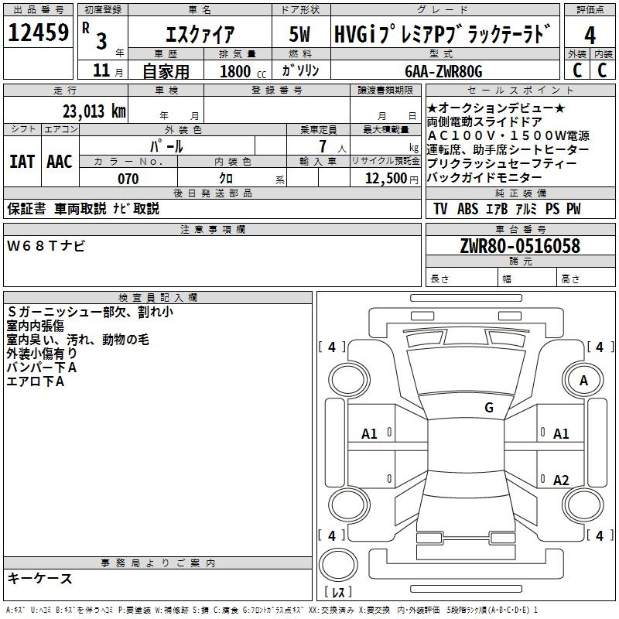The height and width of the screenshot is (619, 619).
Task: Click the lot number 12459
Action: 38,32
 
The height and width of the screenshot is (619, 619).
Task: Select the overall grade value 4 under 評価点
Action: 590,36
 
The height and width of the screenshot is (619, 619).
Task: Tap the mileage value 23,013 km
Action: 94,111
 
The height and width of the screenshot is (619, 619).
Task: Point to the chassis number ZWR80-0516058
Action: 520,246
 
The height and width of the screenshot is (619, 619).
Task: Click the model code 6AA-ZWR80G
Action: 443,71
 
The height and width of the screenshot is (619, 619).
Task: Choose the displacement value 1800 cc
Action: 243,72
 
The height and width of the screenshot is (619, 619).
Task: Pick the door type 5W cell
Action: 299,34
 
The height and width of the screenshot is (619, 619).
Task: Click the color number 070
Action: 128,179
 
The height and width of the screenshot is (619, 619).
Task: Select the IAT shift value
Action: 22,162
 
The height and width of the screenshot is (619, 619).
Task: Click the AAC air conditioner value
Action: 60,162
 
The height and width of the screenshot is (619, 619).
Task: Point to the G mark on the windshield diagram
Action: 489,408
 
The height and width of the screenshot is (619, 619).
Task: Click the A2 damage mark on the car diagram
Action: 561,480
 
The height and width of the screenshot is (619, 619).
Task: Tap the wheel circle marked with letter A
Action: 583,380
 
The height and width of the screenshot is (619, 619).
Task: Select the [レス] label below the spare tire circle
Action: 338,591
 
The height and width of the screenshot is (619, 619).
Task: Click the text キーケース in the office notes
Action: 40,579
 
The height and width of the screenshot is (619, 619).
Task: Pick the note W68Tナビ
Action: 46,246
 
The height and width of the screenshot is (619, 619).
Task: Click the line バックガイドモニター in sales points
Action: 484,178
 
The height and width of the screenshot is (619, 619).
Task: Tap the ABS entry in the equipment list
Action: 467,209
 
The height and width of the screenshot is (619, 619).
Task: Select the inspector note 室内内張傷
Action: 36,326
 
